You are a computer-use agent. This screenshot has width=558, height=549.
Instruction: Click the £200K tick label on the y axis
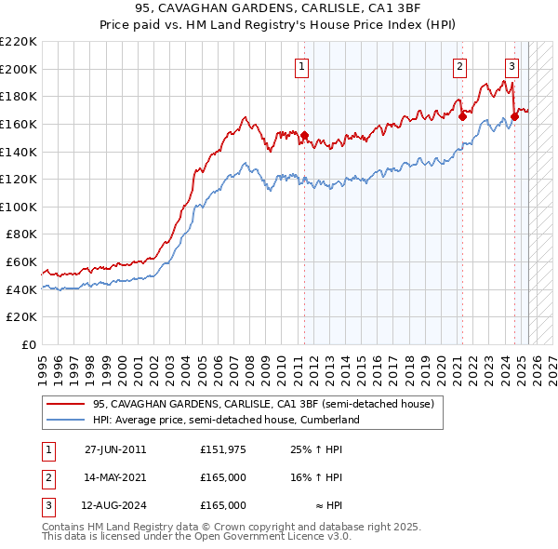(19, 69)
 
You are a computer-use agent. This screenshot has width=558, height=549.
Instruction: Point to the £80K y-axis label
(21, 234)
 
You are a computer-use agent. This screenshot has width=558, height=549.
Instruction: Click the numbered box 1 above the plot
(303, 65)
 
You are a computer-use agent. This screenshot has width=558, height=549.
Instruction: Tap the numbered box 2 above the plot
(460, 65)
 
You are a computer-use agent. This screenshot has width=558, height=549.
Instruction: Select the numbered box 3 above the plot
(511, 65)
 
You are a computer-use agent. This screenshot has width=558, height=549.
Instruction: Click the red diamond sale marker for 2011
(304, 136)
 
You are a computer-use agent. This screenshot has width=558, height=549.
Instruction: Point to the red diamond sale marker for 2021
(462, 117)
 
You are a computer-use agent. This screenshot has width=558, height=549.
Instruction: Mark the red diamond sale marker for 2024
(514, 117)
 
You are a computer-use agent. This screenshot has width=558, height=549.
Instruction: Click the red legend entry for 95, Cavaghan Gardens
(263, 405)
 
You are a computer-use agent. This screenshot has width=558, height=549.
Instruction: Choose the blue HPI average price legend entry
(225, 421)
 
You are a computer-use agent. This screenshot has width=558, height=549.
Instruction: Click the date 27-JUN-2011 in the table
(115, 449)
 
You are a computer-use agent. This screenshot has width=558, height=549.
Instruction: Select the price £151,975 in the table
(222, 449)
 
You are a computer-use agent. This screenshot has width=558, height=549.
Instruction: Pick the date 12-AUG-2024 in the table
(116, 505)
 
